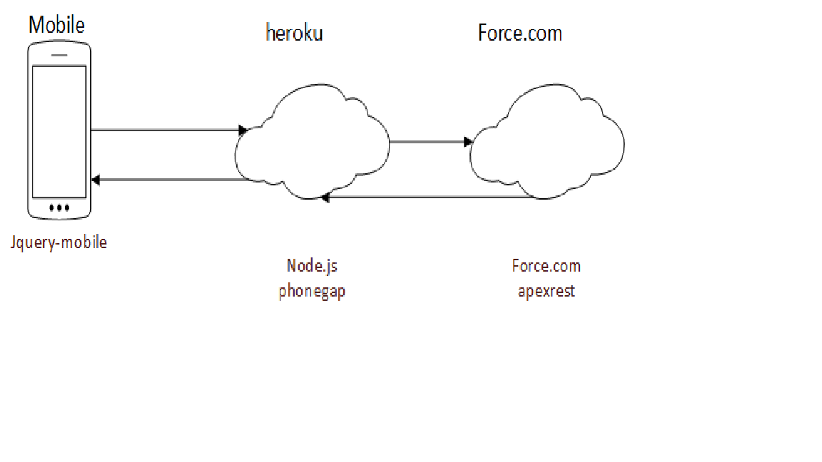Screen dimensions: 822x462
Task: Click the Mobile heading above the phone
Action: (x=56, y=26)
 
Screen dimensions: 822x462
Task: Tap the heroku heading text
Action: (x=294, y=33)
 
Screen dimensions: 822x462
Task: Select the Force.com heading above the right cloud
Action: (x=519, y=33)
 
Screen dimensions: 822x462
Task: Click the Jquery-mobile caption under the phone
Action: (x=59, y=242)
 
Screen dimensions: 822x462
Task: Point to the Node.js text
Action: (x=312, y=266)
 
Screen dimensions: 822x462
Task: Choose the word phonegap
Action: (x=312, y=291)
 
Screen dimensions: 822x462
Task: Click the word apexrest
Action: (x=546, y=291)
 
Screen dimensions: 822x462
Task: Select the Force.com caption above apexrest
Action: (x=546, y=267)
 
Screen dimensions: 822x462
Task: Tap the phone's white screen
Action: (x=59, y=131)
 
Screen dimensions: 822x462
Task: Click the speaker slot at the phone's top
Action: (x=59, y=54)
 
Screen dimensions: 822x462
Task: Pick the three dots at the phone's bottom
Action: (x=59, y=208)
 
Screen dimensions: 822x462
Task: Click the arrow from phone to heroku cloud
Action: (x=168, y=130)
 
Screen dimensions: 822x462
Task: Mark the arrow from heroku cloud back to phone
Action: (x=171, y=180)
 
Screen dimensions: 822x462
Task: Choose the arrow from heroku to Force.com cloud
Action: (x=428, y=142)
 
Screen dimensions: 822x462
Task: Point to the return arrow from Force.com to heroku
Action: (x=428, y=197)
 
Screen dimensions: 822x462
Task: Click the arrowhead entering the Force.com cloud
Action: (x=468, y=142)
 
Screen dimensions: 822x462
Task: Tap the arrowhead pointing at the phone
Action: (x=96, y=180)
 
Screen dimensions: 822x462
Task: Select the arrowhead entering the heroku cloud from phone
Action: (x=243, y=130)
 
